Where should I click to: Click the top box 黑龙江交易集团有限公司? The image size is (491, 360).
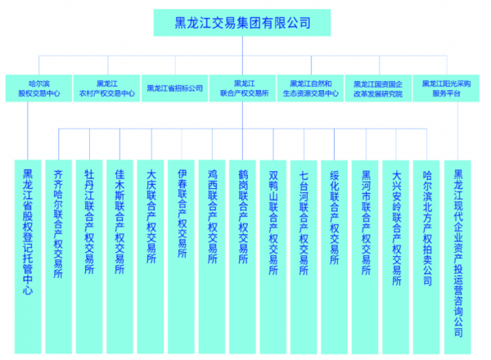[x=243, y=23]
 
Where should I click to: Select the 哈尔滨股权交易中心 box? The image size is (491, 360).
[x=38, y=88]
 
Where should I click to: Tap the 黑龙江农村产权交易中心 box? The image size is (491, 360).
[x=106, y=88]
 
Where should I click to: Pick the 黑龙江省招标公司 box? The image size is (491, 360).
[x=174, y=88]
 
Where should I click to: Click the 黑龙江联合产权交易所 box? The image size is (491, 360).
[x=243, y=88]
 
